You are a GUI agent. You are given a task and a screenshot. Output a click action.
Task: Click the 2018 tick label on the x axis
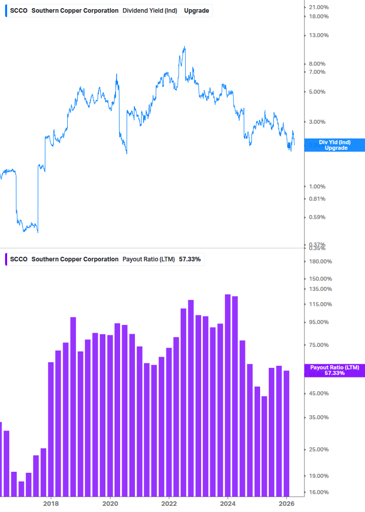(x=50, y=503)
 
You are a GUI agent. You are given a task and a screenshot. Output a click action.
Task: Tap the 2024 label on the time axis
(x=228, y=503)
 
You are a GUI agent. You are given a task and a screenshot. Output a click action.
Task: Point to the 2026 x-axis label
(x=287, y=503)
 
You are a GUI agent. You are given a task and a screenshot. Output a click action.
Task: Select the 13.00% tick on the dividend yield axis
(x=316, y=36)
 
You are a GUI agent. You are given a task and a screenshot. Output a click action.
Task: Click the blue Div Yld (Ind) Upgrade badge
(x=334, y=145)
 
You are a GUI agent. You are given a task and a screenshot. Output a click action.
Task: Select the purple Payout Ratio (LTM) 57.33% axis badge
(x=334, y=370)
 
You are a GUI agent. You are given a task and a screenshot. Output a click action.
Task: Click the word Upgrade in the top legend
(x=196, y=11)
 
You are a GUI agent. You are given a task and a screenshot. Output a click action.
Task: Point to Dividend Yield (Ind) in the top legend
(x=150, y=11)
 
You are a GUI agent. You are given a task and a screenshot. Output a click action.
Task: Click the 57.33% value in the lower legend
(x=190, y=259)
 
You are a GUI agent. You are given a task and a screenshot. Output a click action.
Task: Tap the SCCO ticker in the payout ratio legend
(x=19, y=259)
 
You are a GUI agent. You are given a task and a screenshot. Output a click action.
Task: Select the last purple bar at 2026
(x=287, y=433)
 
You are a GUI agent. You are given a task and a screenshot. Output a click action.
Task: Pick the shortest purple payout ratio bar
(x=21, y=489)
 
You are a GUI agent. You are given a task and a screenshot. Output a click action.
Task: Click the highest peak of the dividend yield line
(x=184, y=47)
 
